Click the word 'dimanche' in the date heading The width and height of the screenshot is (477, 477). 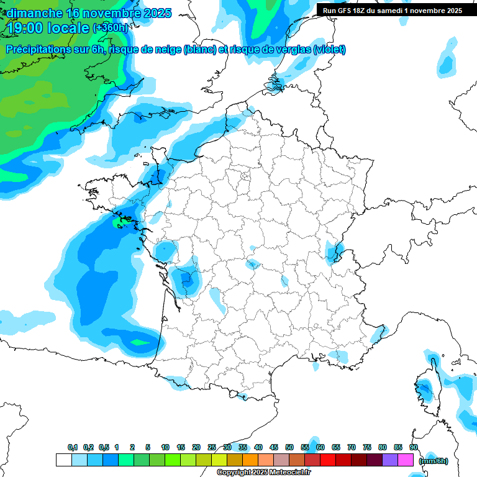pos(34,13)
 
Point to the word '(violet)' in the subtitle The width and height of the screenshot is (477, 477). pos(330,50)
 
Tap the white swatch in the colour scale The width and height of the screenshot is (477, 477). pos(63,460)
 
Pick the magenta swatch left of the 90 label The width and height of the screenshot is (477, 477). pos(406,460)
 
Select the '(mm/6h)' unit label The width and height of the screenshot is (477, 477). pos(434,460)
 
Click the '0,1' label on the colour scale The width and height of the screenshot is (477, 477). pos(73,447)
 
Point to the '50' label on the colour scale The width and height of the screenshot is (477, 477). pos(289,447)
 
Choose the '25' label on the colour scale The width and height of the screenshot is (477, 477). pos(212,447)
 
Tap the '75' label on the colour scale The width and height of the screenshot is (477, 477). pos(367,447)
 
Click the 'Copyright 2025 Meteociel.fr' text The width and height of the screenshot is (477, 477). pos(264,473)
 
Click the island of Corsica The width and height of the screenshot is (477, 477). pos(425,388)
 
